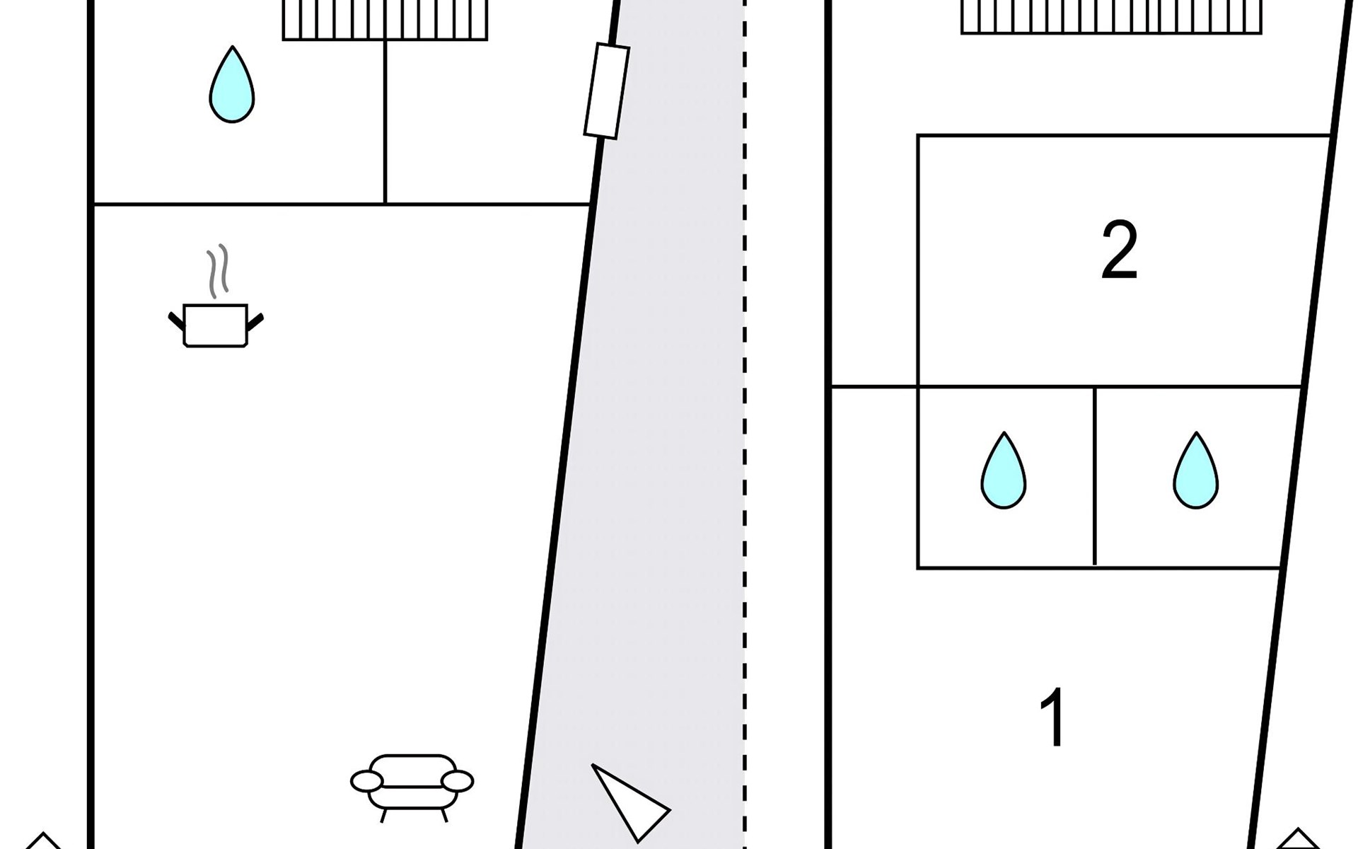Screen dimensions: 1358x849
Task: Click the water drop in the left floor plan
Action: [x=232, y=85]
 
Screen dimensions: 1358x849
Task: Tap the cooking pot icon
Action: [x=216, y=325]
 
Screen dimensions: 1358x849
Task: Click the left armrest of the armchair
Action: [x=367, y=781]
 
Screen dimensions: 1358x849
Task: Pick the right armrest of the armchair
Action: [x=457, y=781]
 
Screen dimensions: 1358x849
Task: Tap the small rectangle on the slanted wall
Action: [x=607, y=91]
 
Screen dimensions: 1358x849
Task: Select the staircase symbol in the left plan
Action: [x=385, y=20]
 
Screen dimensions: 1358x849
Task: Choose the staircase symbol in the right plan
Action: [x=1111, y=17]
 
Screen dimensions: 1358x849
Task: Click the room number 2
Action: [x=1119, y=250]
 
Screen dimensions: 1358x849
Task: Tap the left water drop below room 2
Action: [x=1004, y=470]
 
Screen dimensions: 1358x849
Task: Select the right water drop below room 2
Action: [x=1196, y=470]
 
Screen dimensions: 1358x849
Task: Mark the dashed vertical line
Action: [x=745, y=424]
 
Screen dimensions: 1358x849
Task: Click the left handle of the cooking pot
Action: [x=176, y=320]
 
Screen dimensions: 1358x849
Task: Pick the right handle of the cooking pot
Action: [x=255, y=321]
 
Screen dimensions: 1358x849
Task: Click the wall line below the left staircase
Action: [x=385, y=122]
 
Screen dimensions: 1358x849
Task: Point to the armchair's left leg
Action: [x=383, y=815]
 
